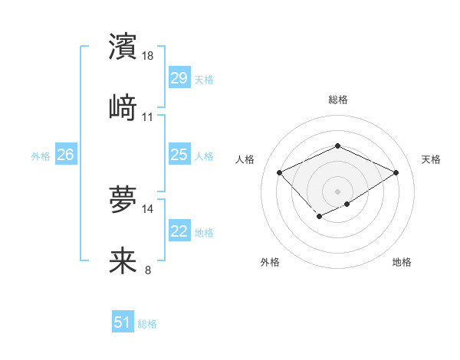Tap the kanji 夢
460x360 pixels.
[123, 198]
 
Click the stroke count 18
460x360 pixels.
[149, 56]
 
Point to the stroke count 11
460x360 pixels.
[148, 117]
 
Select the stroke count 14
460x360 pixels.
[149, 208]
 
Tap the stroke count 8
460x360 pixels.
[148, 270]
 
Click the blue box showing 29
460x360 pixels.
[179, 77]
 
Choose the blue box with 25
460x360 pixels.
[179, 155]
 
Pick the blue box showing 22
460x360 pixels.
[179, 231]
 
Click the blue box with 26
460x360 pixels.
[65, 155]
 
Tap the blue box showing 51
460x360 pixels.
[123, 322]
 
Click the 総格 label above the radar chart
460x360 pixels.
[337, 100]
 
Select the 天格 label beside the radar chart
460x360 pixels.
[432, 159]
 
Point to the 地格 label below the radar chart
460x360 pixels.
[402, 262]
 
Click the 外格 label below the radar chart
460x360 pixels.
[270, 262]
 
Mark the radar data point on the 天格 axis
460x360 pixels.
[396, 172]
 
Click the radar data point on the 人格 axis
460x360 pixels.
[280, 172]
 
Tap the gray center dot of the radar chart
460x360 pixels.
[337, 191]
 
